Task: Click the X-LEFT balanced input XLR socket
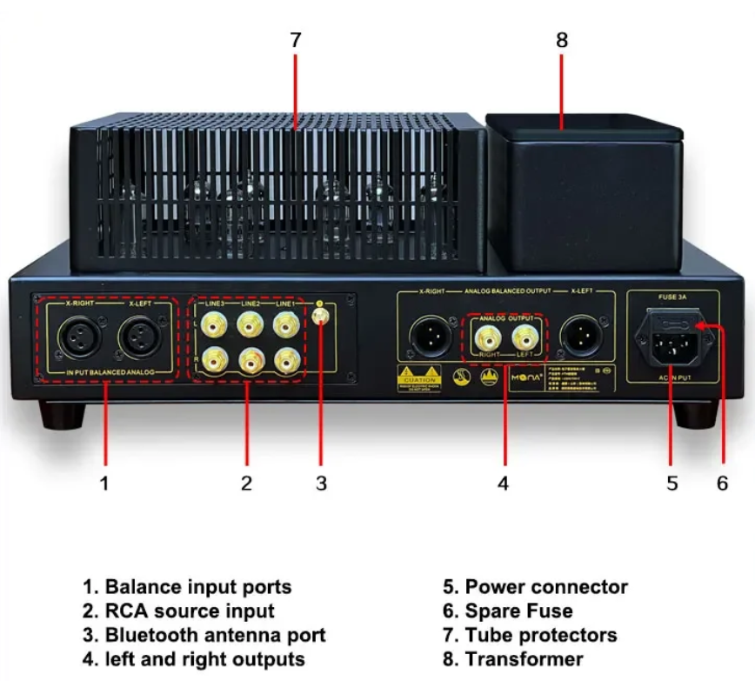pyautogui.click(x=139, y=336)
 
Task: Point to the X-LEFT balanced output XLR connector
pyautogui.click(x=578, y=336)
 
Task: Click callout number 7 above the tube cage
pyautogui.click(x=296, y=40)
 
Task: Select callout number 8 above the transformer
pyautogui.click(x=561, y=40)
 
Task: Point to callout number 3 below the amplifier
pyautogui.click(x=321, y=484)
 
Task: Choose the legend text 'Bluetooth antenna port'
pyautogui.click(x=215, y=635)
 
